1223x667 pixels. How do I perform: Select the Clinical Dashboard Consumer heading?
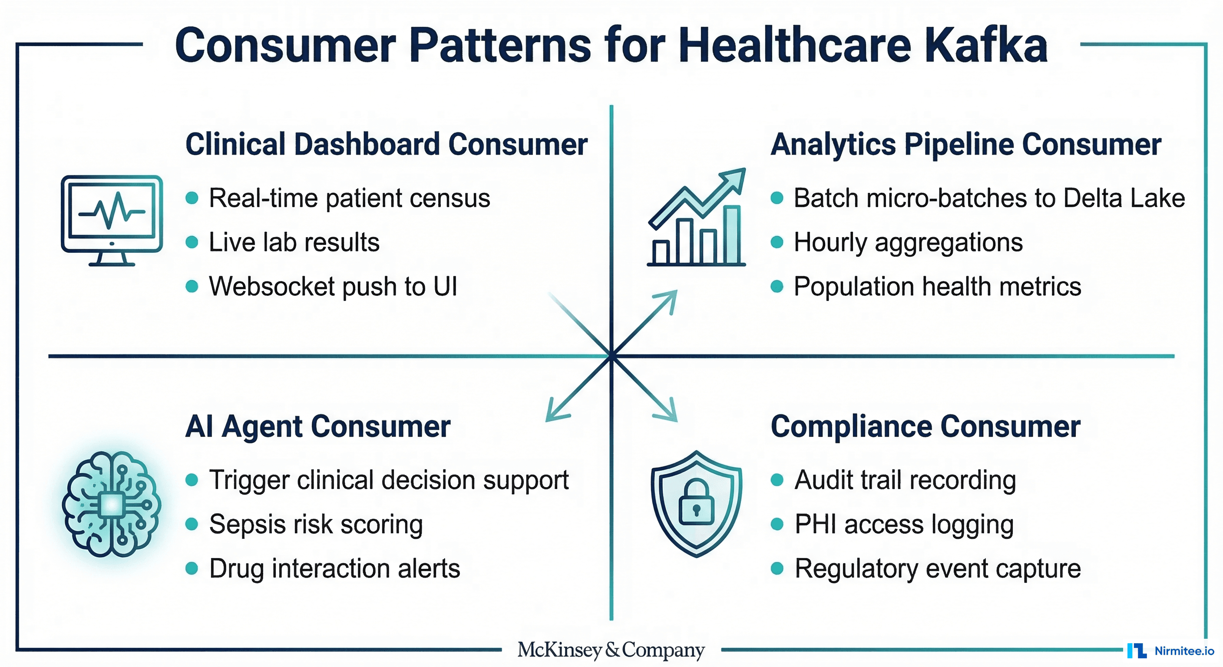coord(386,144)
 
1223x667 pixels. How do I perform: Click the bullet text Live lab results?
coord(294,242)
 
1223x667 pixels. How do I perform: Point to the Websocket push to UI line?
coord(333,286)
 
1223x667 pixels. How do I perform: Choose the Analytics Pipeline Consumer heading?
coord(966,144)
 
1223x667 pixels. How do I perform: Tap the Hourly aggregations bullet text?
coord(908,242)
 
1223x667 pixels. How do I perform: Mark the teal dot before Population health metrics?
coord(777,286)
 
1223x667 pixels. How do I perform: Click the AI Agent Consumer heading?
coord(317,426)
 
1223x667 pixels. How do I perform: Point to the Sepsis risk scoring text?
coord(316,524)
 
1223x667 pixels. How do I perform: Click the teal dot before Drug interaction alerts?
coord(192,568)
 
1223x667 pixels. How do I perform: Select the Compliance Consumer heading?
coord(926,426)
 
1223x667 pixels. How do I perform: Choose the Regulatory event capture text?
coord(937,568)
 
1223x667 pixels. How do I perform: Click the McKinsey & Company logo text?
coord(611,650)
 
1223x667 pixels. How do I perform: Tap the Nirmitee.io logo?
coord(1171,650)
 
